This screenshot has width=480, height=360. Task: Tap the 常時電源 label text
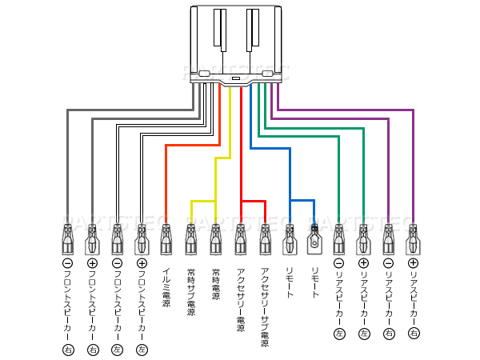click(215, 285)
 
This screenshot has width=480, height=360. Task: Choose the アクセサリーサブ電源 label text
click(265, 305)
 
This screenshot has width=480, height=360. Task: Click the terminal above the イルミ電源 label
click(166, 238)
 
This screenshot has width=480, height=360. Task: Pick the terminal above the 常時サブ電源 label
click(190, 238)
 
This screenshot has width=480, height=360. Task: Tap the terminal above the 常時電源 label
click(215, 238)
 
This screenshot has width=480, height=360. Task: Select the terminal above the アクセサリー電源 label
click(241, 238)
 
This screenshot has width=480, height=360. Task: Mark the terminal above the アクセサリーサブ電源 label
click(265, 238)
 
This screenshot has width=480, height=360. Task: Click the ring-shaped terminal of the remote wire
click(314, 238)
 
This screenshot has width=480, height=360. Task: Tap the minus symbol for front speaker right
click(67, 262)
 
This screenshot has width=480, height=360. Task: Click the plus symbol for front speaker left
click(142, 262)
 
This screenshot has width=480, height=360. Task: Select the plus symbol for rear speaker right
click(413, 262)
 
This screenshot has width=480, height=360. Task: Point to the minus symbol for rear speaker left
click(339, 262)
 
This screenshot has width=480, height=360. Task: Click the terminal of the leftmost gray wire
click(67, 238)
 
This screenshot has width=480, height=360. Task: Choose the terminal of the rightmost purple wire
click(413, 238)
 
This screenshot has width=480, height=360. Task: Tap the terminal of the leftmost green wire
click(339, 238)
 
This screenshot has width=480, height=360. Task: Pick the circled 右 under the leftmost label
click(67, 350)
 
